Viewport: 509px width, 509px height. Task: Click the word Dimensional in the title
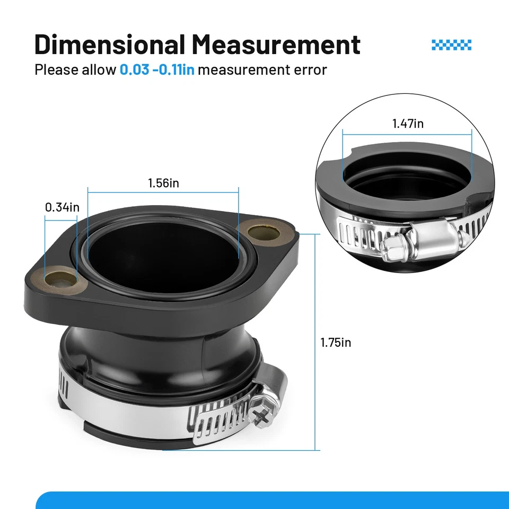109,44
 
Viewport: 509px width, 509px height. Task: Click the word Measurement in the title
276,44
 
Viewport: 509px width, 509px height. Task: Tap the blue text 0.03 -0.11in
157,70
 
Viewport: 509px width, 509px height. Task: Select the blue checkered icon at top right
451,45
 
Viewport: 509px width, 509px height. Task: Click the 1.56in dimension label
163,183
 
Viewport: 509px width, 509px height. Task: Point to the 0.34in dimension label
62,207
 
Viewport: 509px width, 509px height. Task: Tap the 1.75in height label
336,343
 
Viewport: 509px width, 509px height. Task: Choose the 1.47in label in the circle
408,124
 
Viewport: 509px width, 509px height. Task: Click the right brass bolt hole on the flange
264,232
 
